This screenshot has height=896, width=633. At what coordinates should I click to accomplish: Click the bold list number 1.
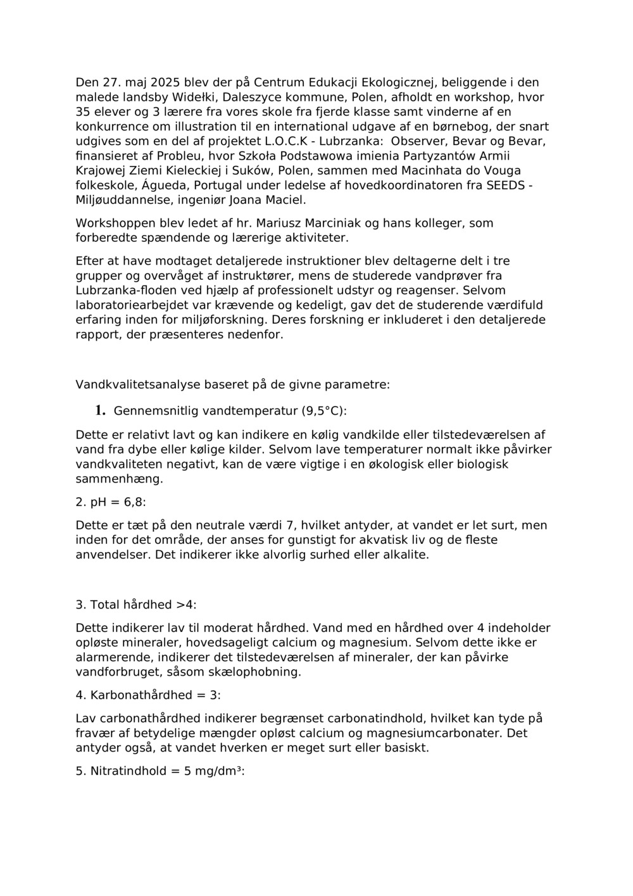click(100, 410)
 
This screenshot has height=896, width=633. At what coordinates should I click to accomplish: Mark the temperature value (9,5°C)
click(322, 411)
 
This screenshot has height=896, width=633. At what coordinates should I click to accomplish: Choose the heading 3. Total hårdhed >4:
click(135, 605)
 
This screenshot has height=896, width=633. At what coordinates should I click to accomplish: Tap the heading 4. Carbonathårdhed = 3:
click(148, 695)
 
